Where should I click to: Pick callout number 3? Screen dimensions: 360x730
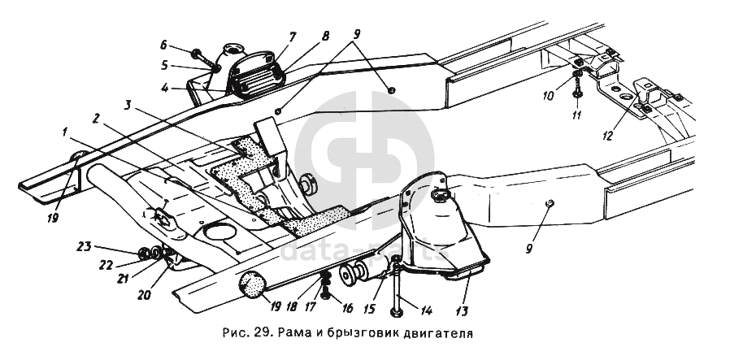pos(128,105)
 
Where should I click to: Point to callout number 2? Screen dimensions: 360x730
pos(97,119)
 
